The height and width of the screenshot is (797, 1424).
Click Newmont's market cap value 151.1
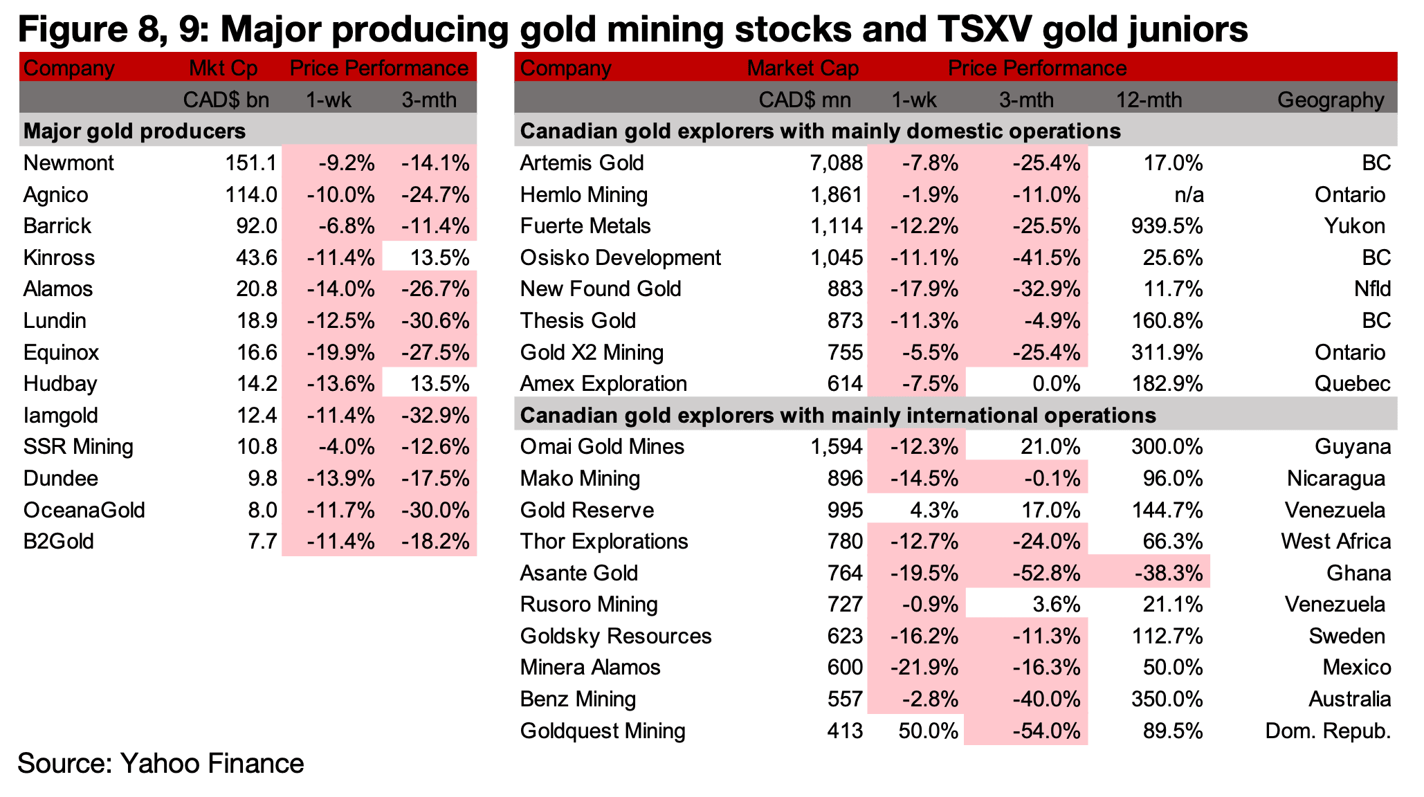250,163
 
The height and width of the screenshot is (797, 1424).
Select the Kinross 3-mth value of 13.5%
439,258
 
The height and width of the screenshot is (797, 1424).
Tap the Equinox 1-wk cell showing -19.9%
340,353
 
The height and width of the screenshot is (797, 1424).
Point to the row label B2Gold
59,542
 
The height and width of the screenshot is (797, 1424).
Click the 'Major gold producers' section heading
134,131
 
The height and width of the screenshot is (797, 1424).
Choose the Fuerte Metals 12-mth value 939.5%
1167,226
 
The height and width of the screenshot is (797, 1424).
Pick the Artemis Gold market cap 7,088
837,163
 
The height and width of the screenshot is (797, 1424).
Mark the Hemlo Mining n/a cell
1189,195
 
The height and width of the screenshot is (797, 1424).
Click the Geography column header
1331,100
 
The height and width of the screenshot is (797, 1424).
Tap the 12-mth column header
1149,100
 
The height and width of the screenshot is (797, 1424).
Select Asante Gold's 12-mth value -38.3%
1168,574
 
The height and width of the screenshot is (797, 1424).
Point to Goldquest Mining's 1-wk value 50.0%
929,731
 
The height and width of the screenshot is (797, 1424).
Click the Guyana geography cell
1353,448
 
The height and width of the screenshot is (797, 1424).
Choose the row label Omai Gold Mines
602,447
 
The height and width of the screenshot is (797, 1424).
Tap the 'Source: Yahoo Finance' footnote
161,764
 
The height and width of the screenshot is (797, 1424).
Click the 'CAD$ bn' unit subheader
226,100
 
